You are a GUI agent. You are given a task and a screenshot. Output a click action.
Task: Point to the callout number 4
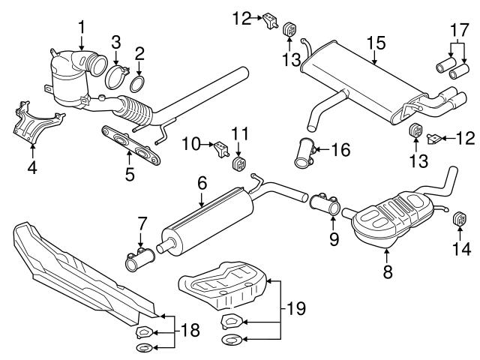pos(31,168)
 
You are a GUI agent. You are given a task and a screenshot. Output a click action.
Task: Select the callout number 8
pos(387,274)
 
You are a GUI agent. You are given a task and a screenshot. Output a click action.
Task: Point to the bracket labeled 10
pos(221,148)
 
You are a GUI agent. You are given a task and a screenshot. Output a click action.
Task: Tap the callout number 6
pos(201,182)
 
